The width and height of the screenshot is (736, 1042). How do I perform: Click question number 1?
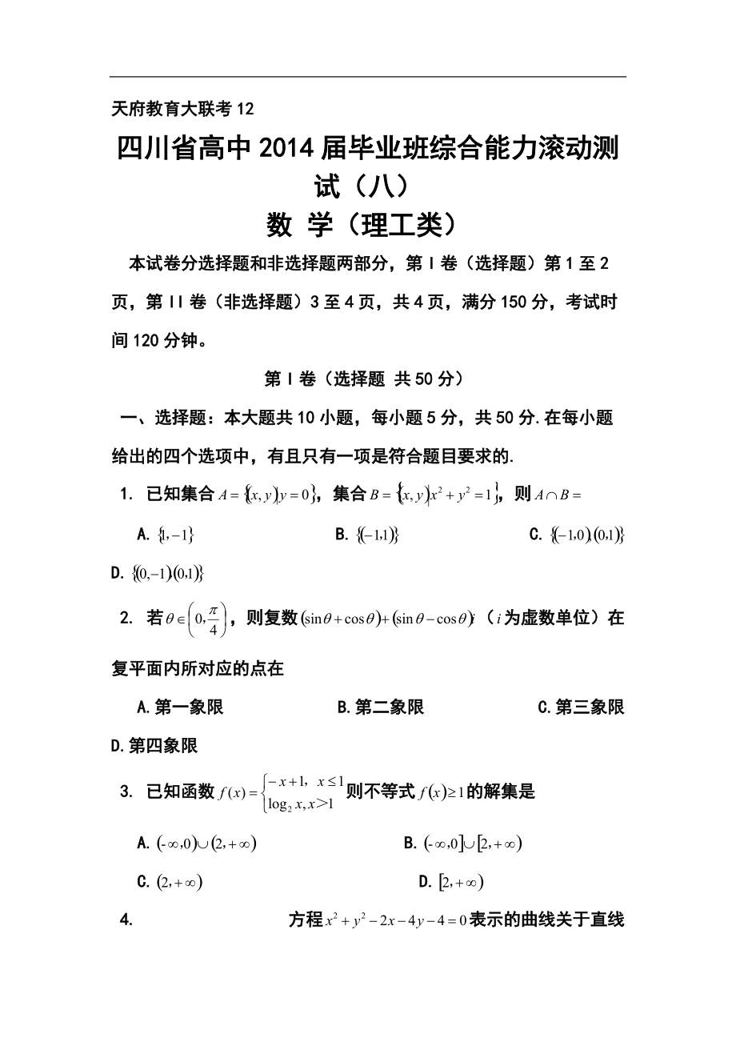126,495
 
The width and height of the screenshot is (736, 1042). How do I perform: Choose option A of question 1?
167,535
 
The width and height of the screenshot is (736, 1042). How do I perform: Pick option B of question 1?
367,535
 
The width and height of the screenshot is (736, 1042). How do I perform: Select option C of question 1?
576,535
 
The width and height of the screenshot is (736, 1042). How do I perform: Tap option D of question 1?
158,573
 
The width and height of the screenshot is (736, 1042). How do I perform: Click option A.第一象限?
181,707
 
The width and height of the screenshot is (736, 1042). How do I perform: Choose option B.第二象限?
381,707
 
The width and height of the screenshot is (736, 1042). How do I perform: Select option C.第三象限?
581,707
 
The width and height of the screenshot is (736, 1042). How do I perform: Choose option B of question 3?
463,843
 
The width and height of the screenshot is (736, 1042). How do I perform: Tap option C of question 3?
170,882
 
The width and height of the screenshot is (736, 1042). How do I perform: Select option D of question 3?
451,882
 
